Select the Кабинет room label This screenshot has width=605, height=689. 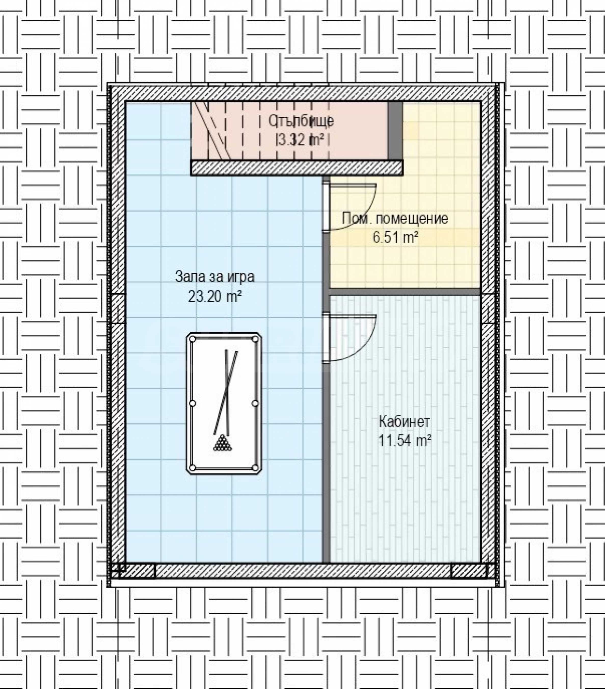pos(404,422)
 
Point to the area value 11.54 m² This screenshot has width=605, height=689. pos(405,441)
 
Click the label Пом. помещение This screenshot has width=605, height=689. pos(395,218)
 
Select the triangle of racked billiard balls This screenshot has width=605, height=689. pos(223,443)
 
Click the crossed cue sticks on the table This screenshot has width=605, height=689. pos(226,393)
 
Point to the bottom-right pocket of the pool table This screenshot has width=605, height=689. pos(255,468)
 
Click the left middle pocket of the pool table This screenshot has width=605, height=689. pos(193,404)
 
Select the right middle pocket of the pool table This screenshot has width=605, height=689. pos(255,404)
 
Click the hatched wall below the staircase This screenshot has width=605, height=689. pos(297,168)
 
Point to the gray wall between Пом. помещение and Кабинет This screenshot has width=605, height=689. pos(404,292)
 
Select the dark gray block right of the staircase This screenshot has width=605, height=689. pos(395,131)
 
